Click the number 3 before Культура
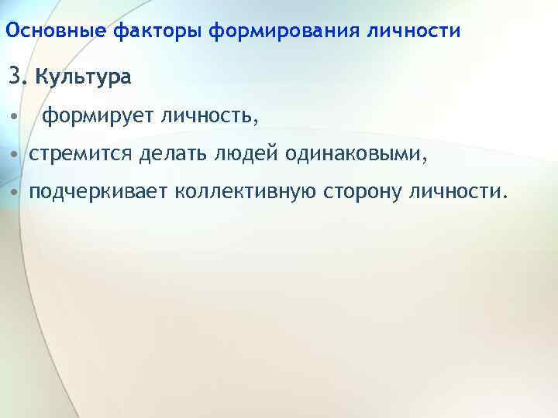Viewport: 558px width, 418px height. [15, 77]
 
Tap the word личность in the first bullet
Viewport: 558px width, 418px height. [208, 117]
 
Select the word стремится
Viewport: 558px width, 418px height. [82, 154]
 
